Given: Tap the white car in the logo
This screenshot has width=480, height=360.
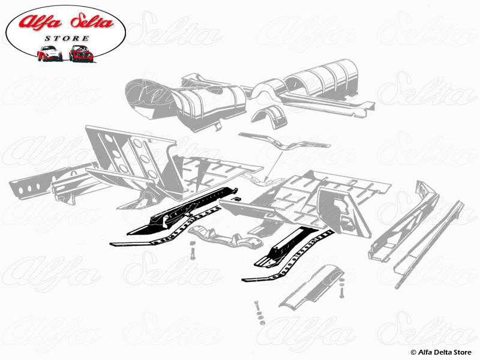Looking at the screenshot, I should tap(49, 53).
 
